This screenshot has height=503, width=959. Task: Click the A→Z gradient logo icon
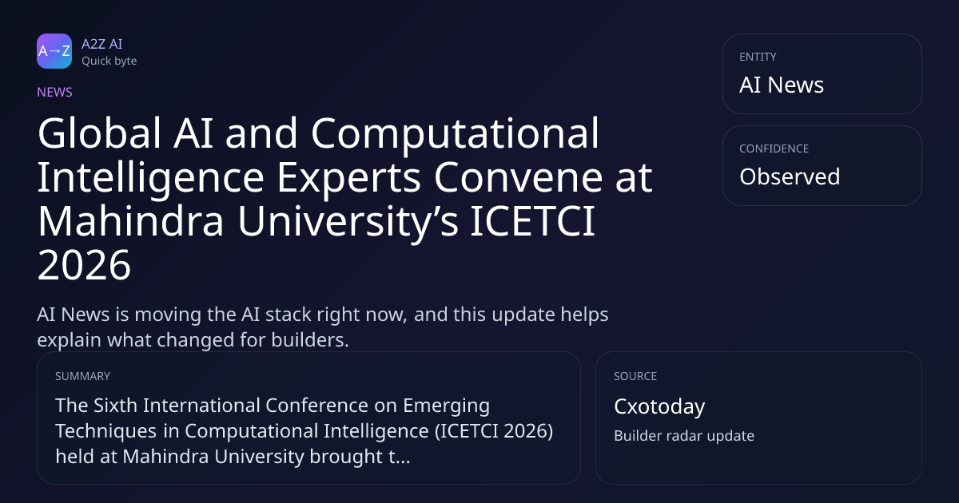click(x=54, y=51)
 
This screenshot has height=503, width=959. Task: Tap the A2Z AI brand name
click(x=102, y=44)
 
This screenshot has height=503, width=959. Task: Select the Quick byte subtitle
click(x=109, y=61)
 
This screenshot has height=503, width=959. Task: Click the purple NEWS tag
click(x=55, y=92)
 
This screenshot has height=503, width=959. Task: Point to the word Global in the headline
click(x=99, y=133)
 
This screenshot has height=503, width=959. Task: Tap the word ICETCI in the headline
click(x=532, y=220)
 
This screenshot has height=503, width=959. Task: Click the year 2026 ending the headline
click(x=84, y=265)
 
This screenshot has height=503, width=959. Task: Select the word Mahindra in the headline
click(x=130, y=220)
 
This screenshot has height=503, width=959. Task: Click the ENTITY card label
click(x=758, y=57)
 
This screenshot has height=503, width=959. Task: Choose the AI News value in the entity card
click(x=782, y=85)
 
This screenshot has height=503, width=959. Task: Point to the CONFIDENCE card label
click(x=774, y=149)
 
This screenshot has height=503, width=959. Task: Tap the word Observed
click(x=790, y=176)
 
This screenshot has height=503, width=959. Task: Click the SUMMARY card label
click(x=82, y=376)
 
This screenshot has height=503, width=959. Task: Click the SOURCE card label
click(x=635, y=376)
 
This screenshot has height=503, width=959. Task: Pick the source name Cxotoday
click(x=659, y=406)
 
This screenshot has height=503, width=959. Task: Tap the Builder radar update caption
click(x=684, y=435)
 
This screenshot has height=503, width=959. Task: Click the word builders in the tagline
click(x=310, y=340)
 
